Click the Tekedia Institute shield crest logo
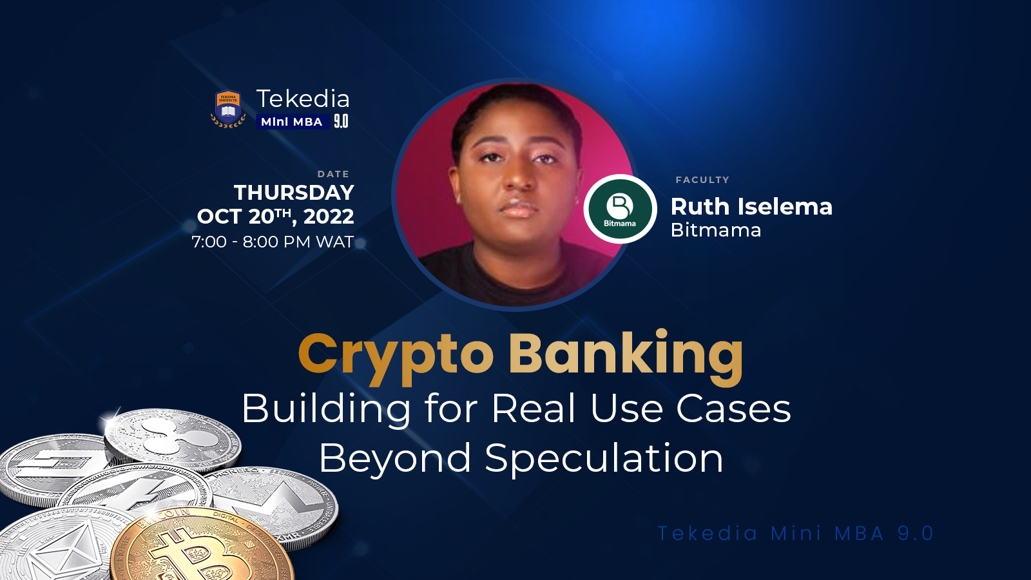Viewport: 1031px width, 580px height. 228,108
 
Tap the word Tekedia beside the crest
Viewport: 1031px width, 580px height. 303,99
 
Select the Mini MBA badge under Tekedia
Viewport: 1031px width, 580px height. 291,122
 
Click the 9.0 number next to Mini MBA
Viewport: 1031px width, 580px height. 341,122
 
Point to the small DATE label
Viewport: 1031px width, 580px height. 333,174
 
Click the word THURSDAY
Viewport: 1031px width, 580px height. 294,193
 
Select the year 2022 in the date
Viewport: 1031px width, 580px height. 329,217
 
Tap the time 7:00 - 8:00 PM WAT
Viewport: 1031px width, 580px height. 273,242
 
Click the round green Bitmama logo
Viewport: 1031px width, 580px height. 620,209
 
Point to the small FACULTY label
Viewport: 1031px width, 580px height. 702,180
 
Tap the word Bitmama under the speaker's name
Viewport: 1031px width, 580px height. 716,230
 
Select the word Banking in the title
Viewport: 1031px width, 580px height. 626,354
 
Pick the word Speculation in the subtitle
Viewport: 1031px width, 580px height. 604,458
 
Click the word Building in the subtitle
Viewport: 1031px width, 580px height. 327,409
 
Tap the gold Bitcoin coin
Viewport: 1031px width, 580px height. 200,548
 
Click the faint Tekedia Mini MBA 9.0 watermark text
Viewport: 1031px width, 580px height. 795,533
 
